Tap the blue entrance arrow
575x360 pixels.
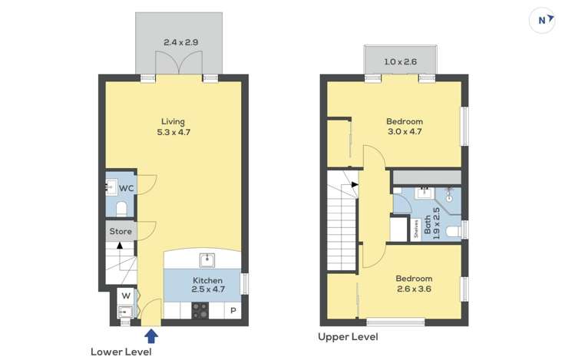(x=151, y=335)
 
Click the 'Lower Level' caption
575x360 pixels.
(x=121, y=352)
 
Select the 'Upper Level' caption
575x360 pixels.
(x=348, y=337)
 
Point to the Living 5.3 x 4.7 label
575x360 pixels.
(x=173, y=127)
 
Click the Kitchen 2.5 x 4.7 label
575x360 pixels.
(x=207, y=285)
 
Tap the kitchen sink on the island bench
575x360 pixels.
(x=206, y=259)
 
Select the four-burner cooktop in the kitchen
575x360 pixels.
(x=200, y=310)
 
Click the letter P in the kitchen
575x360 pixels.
(x=233, y=311)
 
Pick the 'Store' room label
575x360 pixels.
(x=121, y=231)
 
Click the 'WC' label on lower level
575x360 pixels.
(x=126, y=188)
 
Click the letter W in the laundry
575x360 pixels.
(x=125, y=296)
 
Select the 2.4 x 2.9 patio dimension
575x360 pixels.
(x=178, y=43)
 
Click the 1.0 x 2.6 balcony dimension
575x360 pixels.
(x=400, y=61)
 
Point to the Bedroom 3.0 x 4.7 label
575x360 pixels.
(x=404, y=127)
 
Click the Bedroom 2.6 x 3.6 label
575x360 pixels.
(x=414, y=283)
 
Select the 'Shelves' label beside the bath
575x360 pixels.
(x=416, y=228)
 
